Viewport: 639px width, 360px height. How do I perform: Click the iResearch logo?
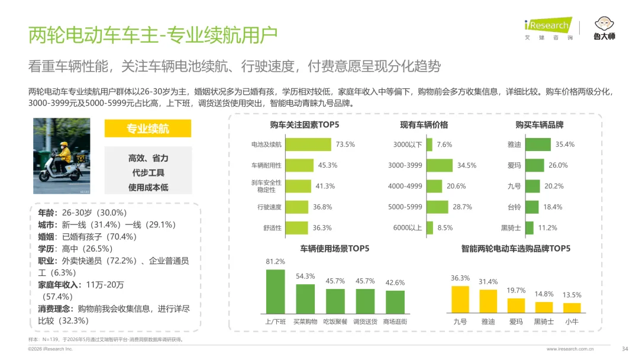[548, 28]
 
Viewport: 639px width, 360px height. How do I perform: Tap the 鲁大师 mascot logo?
[604, 28]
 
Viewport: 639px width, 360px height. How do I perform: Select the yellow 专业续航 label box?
[148, 128]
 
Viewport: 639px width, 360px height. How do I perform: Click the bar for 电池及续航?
[308, 144]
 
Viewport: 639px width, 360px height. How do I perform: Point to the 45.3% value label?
[328, 165]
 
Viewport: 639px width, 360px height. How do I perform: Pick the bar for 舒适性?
[296, 227]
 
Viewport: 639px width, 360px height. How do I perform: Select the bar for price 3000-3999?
[440, 165]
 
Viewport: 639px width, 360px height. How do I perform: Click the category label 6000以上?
[408, 227]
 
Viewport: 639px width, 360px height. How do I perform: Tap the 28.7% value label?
[463, 207]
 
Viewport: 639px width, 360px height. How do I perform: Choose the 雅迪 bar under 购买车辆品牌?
[538, 144]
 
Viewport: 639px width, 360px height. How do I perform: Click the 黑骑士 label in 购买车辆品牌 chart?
[511, 228]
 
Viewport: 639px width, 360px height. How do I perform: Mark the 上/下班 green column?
[276, 291]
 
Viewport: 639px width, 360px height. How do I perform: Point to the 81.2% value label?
[276, 261]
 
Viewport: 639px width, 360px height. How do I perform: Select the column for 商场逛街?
[395, 302]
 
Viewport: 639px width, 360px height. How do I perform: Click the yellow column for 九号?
[460, 300]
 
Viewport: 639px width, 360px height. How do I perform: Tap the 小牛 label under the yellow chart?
[572, 322]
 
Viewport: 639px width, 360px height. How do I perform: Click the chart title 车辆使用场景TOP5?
[334, 248]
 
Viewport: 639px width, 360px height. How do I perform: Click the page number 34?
[625, 349]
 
